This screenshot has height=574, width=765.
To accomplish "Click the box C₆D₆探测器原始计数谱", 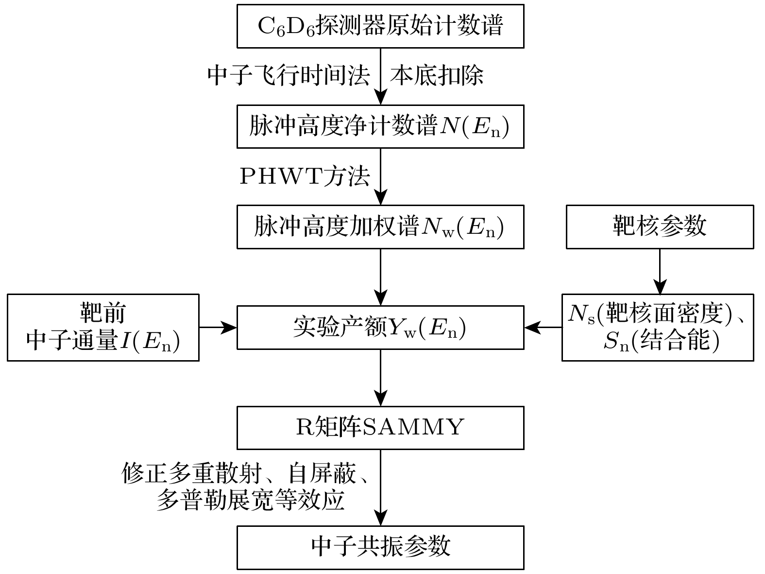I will (x=380, y=26).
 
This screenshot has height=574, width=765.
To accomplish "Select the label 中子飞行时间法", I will (x=289, y=76).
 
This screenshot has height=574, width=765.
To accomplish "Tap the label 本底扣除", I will (x=436, y=76).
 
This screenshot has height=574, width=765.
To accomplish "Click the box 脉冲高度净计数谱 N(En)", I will (x=380, y=126).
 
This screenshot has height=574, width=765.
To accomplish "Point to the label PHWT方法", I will (x=305, y=176).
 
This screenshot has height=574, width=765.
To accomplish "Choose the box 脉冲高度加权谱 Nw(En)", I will (x=380, y=227).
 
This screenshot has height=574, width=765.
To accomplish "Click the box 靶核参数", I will (x=660, y=227).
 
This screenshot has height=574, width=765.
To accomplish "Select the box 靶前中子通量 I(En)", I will (x=103, y=327).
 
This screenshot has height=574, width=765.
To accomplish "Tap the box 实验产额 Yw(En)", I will (x=380, y=327).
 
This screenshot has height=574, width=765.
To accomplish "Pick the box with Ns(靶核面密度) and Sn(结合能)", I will (x=658, y=327).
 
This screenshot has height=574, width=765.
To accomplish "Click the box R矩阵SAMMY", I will (x=380, y=427).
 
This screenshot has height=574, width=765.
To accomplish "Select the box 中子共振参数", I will (x=380, y=547).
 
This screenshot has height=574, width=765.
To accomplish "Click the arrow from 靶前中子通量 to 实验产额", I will (x=218, y=327).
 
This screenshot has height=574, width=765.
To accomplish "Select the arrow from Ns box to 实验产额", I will (x=543, y=327).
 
